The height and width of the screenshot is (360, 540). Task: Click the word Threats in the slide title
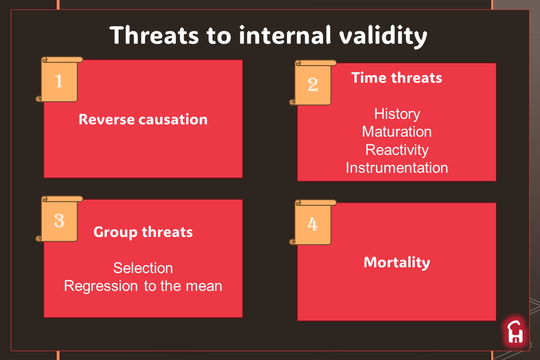(154, 35)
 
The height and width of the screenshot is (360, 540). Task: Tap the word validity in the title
(383, 37)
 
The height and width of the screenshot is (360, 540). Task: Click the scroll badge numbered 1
(59, 80)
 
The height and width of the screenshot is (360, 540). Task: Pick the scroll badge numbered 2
(313, 82)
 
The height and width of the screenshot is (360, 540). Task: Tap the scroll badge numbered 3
(59, 219)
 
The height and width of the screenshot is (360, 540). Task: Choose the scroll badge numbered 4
(313, 222)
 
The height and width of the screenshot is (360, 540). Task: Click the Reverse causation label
(143, 120)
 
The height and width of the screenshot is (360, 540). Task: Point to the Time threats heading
(397, 78)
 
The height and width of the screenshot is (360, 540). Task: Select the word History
(397, 114)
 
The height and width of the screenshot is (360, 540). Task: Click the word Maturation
(397, 132)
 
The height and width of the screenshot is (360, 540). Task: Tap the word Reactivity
(397, 150)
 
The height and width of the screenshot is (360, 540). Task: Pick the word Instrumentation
(397, 168)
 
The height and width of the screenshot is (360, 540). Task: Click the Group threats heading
(143, 232)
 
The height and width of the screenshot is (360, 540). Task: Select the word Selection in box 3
(143, 268)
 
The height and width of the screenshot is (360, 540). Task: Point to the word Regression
(101, 286)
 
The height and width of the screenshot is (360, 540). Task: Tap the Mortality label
(397, 263)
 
